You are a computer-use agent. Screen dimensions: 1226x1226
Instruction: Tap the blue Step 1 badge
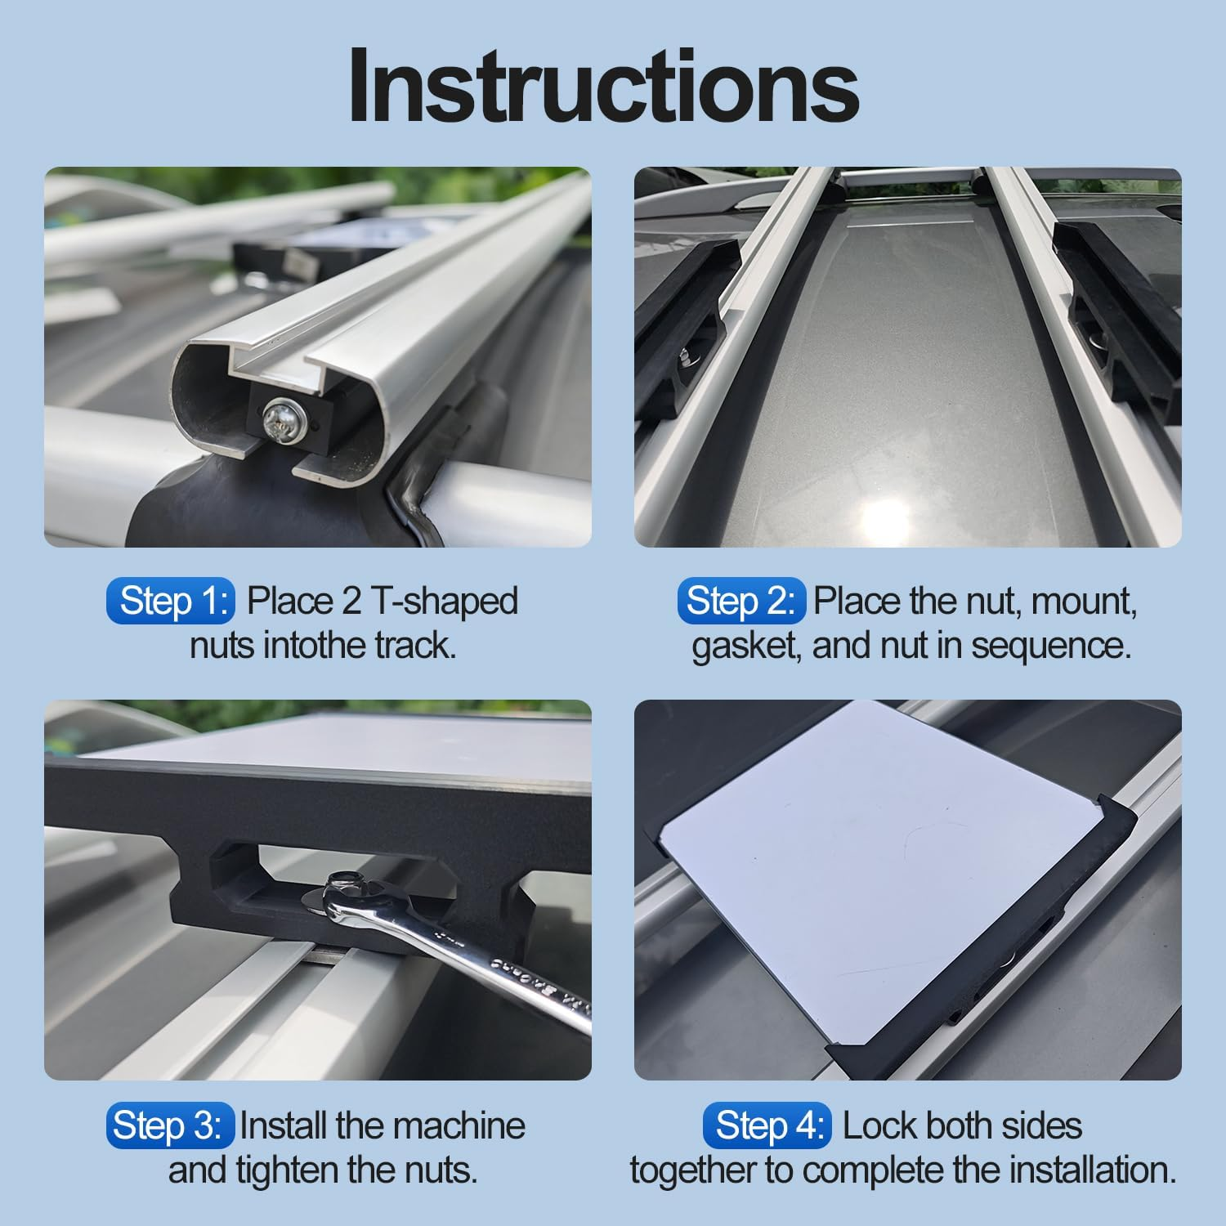point(170,601)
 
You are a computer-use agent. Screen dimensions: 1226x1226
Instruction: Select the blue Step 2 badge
point(741,601)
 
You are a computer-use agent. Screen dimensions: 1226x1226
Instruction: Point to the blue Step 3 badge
point(169,1125)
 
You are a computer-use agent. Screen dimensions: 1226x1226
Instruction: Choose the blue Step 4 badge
point(767,1125)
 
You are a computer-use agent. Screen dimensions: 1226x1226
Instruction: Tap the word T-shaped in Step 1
point(444,601)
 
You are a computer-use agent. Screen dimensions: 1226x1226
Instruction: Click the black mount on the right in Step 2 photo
point(1120,319)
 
